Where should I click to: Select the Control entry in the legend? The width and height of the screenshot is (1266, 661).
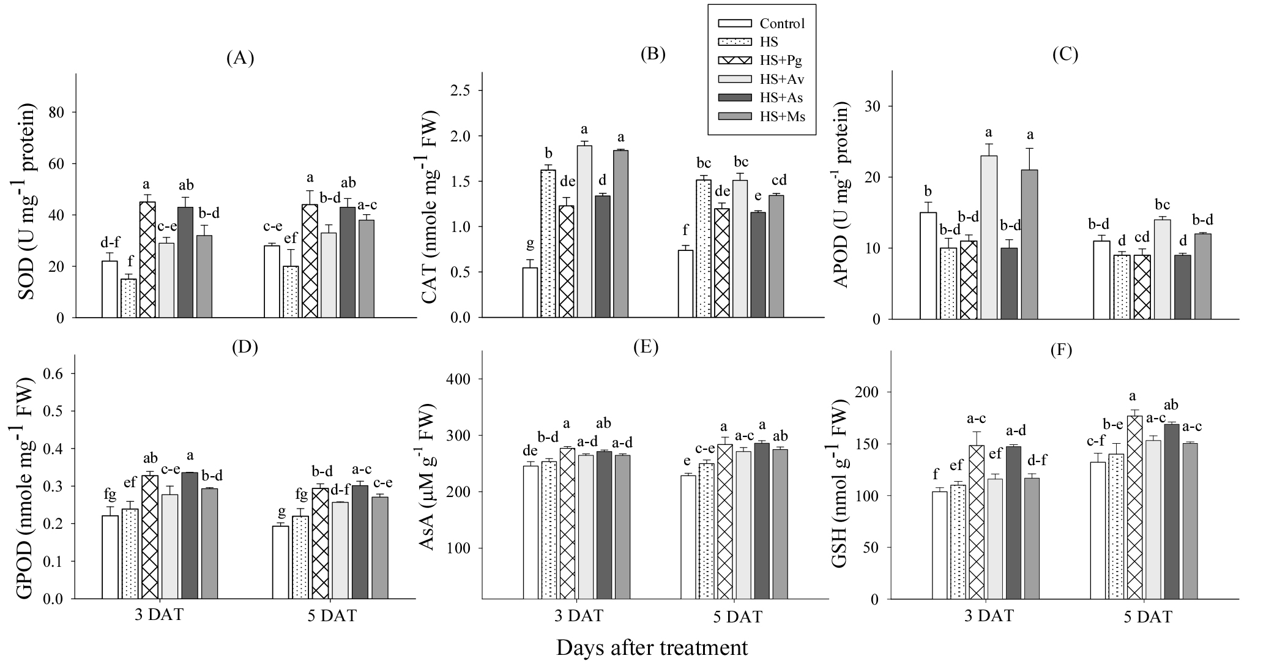click(x=782, y=23)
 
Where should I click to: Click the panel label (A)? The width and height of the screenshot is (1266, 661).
click(x=240, y=58)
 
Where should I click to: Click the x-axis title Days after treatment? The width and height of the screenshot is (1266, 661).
click(x=652, y=648)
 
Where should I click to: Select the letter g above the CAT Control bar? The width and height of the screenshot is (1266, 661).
click(x=530, y=245)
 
